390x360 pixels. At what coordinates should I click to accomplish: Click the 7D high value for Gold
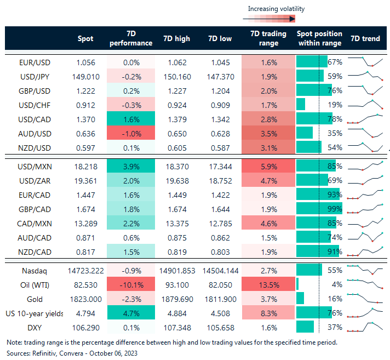pyautogui.click(x=177, y=299)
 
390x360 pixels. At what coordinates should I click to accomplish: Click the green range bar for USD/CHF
pyautogui.click(x=301, y=105)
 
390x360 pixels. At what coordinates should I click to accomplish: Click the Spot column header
pyautogui.click(x=85, y=38)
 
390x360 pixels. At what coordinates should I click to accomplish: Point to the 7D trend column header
pyautogui.click(x=365, y=38)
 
